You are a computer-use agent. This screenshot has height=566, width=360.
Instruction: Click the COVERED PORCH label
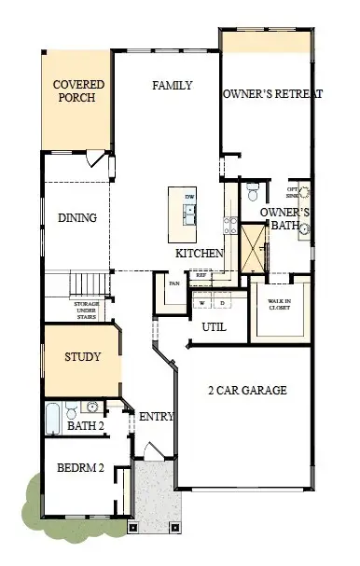tap(79, 90)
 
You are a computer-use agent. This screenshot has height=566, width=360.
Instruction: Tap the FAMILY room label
tap(173, 86)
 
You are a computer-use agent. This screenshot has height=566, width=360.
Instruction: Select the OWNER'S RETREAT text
tap(272, 94)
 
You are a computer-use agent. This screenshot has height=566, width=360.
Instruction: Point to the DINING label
tap(77, 218)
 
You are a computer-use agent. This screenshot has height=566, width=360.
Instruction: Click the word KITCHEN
tap(200, 254)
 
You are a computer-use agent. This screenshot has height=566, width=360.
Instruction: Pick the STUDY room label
tap(82, 357)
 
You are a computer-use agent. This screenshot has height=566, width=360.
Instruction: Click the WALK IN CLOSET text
tap(279, 304)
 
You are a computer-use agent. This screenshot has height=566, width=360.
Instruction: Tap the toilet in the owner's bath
tap(253, 193)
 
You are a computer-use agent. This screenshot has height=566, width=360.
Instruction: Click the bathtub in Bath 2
tap(54, 410)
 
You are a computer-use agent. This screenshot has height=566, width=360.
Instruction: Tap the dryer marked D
tap(222, 303)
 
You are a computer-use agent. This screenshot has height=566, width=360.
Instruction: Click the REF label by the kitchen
tap(201, 276)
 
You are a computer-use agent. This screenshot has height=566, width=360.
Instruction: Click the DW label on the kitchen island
tap(189, 197)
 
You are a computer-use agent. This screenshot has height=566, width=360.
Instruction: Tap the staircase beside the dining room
tap(89, 283)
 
